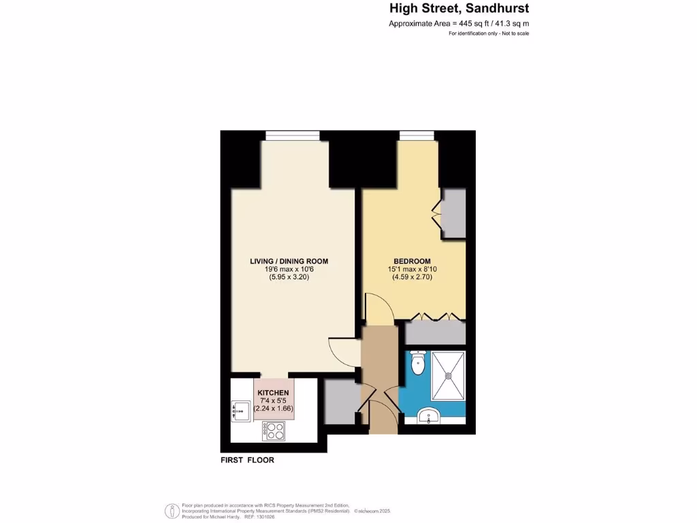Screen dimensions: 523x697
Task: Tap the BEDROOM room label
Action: click(412, 261)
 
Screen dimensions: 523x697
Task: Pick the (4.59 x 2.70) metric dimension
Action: click(412, 278)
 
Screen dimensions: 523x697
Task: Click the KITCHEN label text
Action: click(273, 394)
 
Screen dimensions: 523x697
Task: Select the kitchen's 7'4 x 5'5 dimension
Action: click(273, 401)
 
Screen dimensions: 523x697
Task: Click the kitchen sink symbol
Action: click(240, 409)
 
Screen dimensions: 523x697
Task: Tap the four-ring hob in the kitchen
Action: click(274, 430)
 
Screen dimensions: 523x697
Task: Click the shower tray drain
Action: click(449, 375)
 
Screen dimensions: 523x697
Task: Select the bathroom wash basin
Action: click(429, 415)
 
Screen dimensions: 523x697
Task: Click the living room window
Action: click(291, 135)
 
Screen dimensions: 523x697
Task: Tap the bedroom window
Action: click(417, 135)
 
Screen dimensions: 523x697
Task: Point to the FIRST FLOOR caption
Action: click(247, 460)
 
